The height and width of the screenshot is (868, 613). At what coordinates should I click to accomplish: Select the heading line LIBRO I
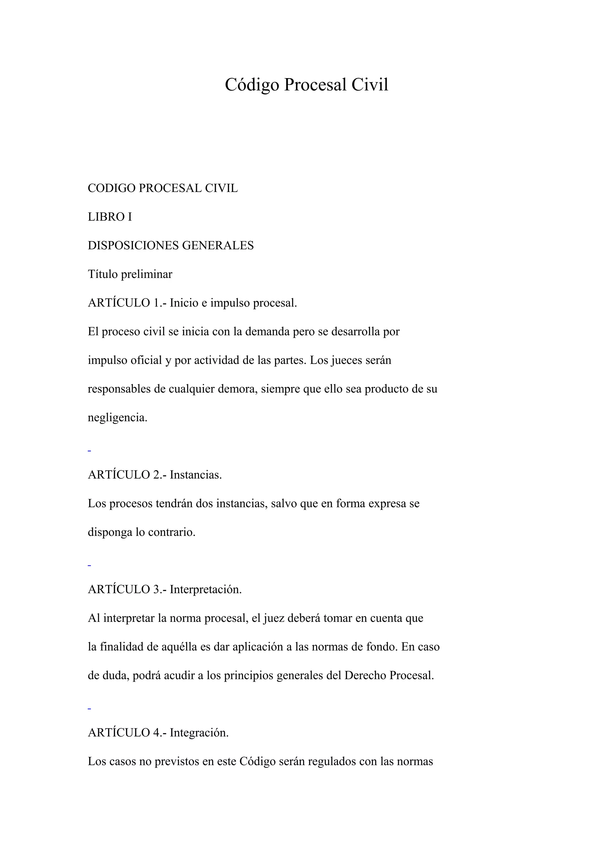(x=110, y=217)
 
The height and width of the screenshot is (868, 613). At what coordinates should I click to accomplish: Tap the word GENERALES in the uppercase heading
(x=218, y=246)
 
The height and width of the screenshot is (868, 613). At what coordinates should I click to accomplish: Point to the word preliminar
(x=147, y=274)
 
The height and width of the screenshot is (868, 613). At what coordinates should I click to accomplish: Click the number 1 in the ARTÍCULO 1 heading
(x=156, y=303)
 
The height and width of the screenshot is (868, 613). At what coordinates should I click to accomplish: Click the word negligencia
(x=117, y=418)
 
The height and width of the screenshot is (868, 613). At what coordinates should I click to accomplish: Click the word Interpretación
(x=205, y=589)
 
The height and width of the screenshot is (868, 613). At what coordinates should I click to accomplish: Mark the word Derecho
(x=365, y=676)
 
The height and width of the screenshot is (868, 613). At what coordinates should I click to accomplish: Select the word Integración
(x=199, y=733)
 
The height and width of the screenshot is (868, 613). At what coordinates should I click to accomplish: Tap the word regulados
(x=332, y=761)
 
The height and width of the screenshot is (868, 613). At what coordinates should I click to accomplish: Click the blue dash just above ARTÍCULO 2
(x=89, y=451)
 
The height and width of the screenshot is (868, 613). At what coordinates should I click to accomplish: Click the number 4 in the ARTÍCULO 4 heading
(x=156, y=733)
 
